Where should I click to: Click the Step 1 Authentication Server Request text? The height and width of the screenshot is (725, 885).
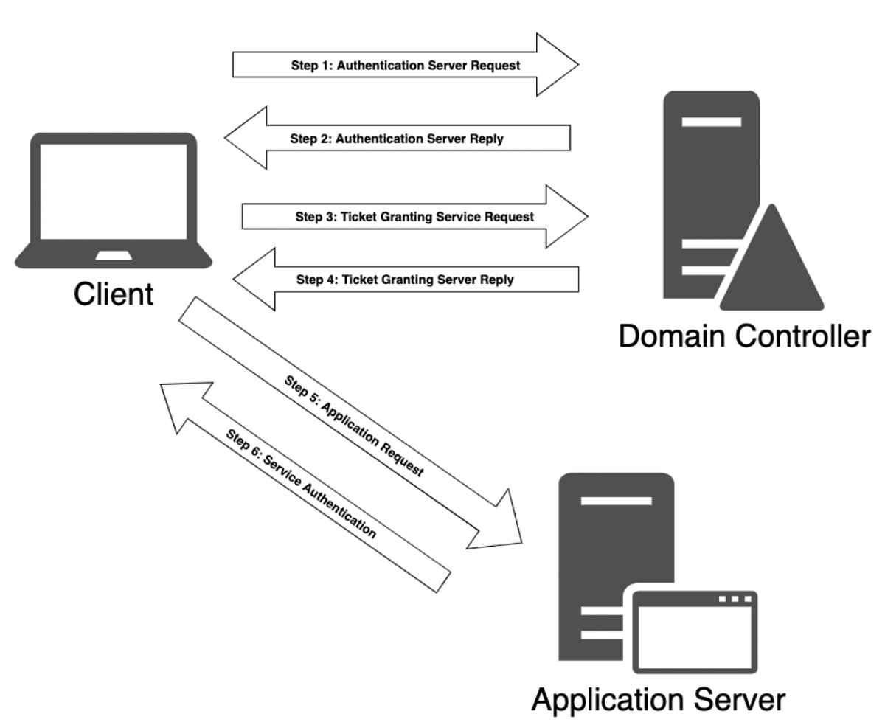405,65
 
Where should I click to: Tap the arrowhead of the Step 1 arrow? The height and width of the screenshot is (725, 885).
558,65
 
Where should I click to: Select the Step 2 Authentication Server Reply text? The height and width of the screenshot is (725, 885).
396,138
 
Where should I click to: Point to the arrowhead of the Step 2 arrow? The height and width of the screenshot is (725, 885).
246,138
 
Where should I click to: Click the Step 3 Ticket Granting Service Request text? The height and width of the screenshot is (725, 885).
414,217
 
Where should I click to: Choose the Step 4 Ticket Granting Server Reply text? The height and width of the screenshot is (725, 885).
405,280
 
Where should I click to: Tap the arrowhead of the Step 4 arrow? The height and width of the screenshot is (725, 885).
254,279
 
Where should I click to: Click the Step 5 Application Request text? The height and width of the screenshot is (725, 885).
353,426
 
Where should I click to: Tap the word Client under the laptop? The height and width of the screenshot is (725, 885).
114,294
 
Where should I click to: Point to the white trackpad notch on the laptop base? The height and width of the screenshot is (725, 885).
114,255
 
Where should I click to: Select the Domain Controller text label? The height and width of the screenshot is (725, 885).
743,337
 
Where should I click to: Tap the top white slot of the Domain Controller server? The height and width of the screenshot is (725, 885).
711,121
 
